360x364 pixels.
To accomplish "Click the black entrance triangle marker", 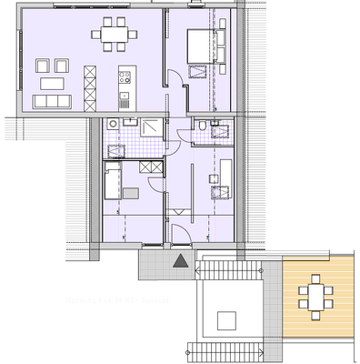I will click(181, 262).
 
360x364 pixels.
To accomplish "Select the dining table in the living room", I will click(115, 37).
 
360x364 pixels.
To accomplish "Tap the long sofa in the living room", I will click(50, 101).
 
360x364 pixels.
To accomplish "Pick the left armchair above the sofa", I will click(41, 66).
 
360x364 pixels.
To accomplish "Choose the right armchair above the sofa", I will click(61, 66).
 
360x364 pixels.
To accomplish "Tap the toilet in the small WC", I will click(197, 133).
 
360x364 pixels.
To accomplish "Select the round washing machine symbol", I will click(112, 125).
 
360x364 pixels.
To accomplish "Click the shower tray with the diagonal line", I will click(151, 127).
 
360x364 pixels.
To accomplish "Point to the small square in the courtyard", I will click(225, 318).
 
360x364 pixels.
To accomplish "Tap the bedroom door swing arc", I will click(180, 93).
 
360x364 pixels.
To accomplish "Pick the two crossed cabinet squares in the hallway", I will click(145, 168).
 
